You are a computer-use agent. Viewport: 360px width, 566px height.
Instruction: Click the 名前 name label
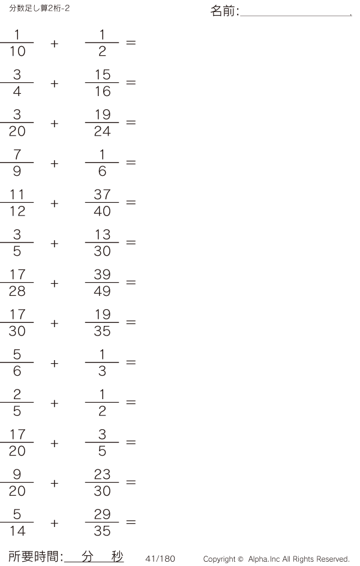pos(224,11)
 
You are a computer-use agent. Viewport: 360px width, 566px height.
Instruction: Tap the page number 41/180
pos(160,559)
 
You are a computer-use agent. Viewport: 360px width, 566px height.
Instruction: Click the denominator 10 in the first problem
pos(17,52)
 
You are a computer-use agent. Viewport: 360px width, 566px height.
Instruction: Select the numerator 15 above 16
pos(102,75)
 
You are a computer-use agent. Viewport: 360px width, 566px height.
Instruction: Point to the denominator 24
pos(102,132)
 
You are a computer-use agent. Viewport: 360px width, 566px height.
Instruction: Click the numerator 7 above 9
pos(17,155)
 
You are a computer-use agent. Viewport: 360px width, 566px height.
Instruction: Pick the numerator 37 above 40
pos(102,195)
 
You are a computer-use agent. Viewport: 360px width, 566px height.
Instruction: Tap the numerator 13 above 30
pos(102,235)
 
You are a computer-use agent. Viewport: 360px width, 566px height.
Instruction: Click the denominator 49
pos(102,292)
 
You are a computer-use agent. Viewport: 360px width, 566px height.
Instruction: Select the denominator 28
pos(17,292)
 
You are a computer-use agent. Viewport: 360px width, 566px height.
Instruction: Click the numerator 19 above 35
pos(102,315)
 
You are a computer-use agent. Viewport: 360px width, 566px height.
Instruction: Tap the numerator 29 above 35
pos(102,516)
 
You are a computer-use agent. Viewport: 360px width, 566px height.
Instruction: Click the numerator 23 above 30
pos(102,475)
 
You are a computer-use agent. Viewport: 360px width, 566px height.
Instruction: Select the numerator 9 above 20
pos(17,475)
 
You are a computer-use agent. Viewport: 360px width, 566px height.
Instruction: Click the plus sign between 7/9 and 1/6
pos(55,163)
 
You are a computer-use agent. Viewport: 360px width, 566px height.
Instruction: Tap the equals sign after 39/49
pos(130,283)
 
